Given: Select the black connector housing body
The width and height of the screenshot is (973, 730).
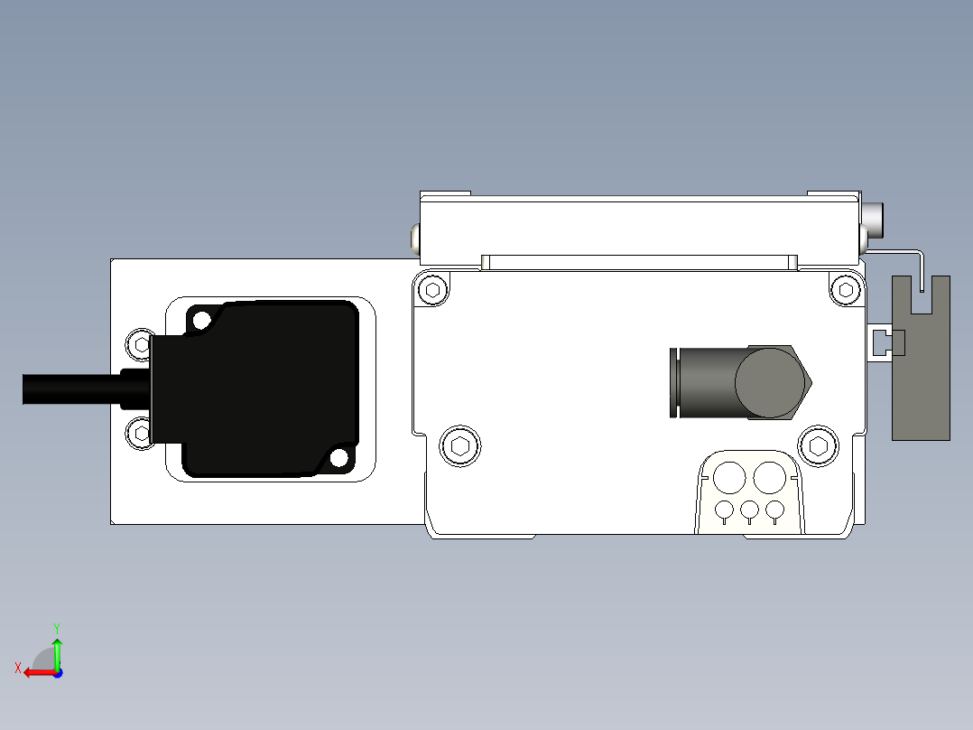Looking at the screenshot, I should tap(271, 388).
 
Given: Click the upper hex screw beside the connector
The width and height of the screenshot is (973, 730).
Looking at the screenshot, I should tap(140, 343).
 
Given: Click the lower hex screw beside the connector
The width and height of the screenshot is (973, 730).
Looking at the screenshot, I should tap(140, 433).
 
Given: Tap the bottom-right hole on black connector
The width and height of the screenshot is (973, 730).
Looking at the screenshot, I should tap(338, 458).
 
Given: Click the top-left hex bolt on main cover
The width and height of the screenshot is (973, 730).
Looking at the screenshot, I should tap(433, 290).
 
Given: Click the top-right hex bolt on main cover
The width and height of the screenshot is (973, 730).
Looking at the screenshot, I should tap(846, 289).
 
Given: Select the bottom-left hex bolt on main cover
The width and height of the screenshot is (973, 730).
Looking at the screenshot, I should tap(459, 445).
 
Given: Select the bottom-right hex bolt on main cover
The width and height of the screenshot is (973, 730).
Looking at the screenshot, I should tap(818, 445).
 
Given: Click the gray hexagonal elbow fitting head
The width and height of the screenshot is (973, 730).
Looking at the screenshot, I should tap(772, 381).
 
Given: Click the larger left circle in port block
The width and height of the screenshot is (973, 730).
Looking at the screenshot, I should tap(729, 477).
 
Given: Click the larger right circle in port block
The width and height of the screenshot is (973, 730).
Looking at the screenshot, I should tap(770, 477).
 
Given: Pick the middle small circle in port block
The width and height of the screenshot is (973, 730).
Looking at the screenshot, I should tap(749, 510).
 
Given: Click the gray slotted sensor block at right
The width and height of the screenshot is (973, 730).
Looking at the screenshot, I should tap(921, 379).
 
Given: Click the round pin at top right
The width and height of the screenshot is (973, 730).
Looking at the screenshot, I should tap(874, 218).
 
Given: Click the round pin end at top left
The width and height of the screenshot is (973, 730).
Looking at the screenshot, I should tap(414, 238).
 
